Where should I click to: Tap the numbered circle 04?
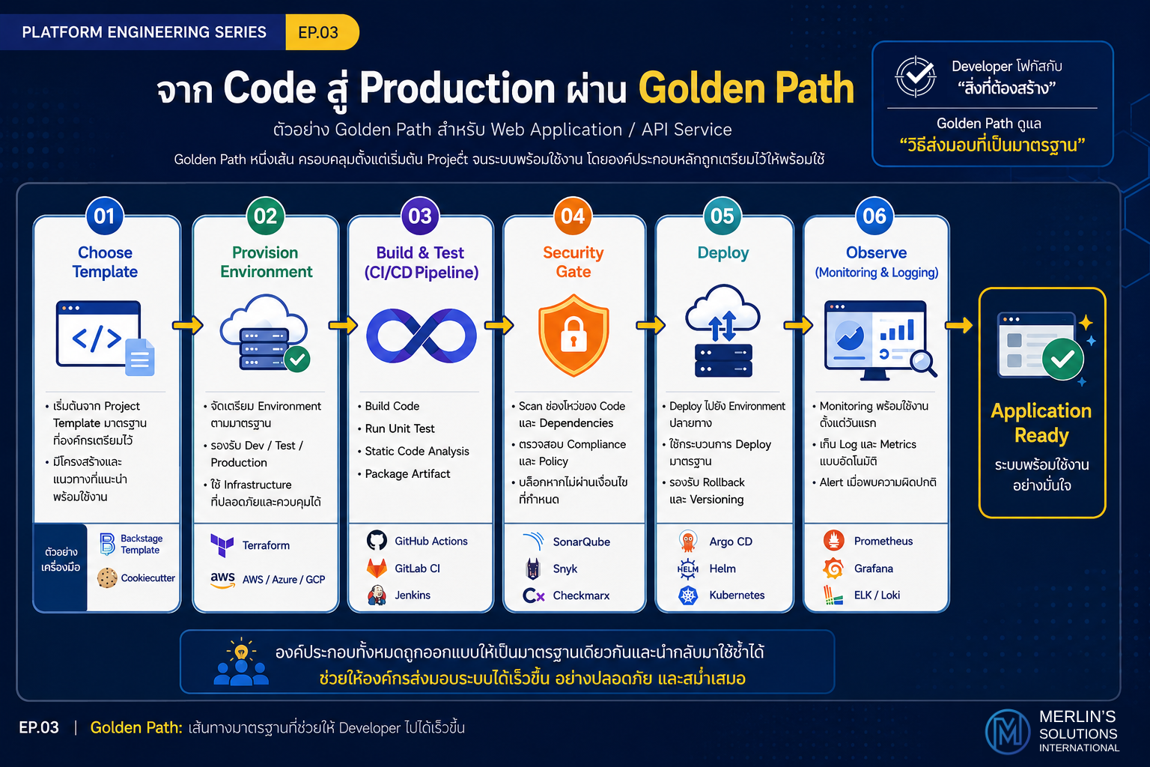(573, 216)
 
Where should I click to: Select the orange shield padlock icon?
(574, 335)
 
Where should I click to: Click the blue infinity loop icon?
(421, 336)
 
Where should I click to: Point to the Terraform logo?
(222, 545)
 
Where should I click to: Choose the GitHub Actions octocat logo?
(377, 541)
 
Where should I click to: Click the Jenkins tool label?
(413, 595)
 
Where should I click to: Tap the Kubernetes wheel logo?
(688, 595)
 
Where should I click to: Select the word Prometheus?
(883, 541)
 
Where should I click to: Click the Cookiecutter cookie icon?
(107, 578)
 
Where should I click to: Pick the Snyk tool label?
(565, 569)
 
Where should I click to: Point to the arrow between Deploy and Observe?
(798, 324)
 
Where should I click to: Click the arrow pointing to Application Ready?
(959, 324)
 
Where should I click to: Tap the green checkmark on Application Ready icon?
(1062, 359)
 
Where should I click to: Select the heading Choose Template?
(105, 262)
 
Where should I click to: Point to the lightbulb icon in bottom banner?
(241, 651)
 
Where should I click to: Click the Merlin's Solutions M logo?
(1007, 732)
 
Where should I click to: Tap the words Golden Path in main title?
(746, 88)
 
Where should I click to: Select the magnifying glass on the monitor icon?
(923, 363)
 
